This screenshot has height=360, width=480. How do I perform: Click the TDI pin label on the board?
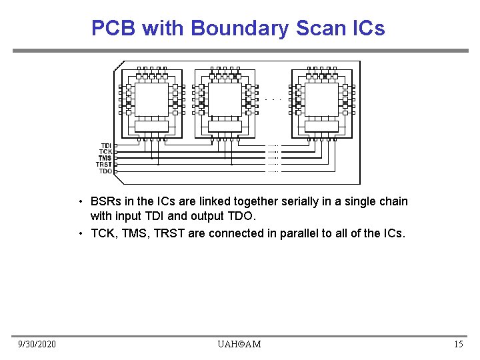tap(106, 145)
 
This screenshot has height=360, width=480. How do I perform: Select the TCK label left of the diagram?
tap(105, 152)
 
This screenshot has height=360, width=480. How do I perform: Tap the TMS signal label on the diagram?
tap(105, 158)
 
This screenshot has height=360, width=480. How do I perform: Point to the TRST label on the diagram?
tap(104, 165)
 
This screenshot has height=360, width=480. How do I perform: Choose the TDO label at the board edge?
tap(105, 171)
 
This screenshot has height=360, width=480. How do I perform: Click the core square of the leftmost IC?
tap(151, 99)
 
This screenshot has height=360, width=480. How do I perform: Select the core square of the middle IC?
tap(225, 99)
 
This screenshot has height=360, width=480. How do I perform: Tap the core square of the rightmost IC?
tap(321, 99)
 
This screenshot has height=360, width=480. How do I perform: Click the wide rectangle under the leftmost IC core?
tap(151, 126)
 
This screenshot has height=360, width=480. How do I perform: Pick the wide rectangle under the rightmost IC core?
tap(321, 126)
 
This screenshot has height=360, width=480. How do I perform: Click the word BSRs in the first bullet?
tap(105, 201)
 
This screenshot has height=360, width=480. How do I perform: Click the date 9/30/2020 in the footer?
tap(37, 344)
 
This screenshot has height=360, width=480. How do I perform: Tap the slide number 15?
tap(458, 344)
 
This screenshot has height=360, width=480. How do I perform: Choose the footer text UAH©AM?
tap(239, 344)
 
